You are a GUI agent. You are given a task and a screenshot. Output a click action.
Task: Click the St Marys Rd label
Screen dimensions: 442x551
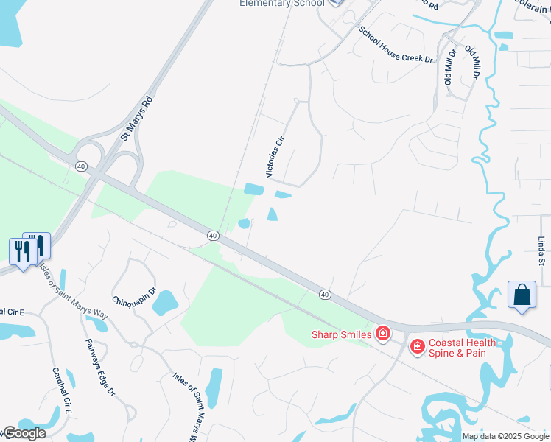click(136, 118)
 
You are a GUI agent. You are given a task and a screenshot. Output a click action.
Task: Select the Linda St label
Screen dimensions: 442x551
click(541, 251)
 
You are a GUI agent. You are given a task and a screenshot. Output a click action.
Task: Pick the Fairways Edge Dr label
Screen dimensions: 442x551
click(100, 368)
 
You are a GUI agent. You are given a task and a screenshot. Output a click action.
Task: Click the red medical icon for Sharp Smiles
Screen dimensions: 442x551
click(383, 334)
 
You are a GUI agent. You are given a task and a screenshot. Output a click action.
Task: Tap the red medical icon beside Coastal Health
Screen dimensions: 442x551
click(417, 345)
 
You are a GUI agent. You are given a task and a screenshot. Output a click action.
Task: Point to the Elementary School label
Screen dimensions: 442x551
click(281, 4)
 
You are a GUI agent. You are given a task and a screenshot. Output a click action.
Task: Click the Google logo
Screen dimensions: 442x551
click(24, 433)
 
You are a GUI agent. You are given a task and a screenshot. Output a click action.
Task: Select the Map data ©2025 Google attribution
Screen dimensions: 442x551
click(505, 436)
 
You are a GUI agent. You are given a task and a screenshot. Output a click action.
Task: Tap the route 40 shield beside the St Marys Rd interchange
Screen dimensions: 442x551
click(80, 167)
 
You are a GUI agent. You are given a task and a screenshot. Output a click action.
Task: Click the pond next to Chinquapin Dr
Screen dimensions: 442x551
click(165, 302)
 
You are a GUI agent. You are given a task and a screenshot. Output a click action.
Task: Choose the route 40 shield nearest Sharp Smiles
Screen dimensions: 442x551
click(325, 294)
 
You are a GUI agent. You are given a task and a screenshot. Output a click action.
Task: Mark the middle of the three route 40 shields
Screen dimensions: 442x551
click(212, 235)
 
